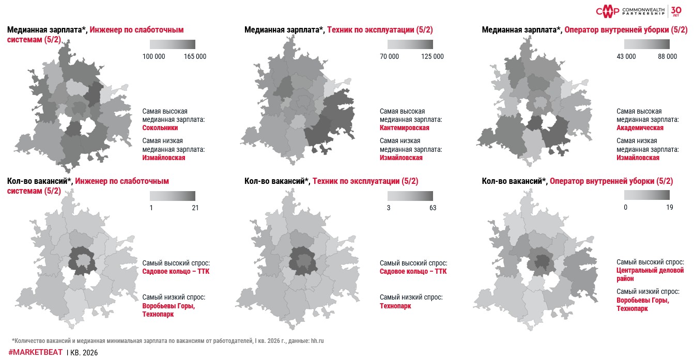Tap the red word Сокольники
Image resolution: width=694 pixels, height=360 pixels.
point(160,128)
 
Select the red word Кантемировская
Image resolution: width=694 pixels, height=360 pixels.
point(404,128)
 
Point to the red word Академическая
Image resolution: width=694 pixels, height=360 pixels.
point(640,128)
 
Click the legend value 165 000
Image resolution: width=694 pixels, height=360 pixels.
point(195,56)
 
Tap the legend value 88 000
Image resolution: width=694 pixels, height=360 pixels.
point(667,56)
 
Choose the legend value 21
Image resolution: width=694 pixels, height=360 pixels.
point(195,208)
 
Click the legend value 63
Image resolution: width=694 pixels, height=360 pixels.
point(433,208)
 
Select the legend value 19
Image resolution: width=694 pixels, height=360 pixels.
point(670,208)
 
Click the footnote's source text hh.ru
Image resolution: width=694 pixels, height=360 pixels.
point(316,341)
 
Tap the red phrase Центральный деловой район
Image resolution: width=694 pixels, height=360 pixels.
point(650,274)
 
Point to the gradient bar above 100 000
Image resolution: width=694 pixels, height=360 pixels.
point(172,44)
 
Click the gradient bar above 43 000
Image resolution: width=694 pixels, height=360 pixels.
point(646,44)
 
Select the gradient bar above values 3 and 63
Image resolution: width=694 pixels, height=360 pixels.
point(410,196)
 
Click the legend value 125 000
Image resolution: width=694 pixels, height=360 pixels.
point(433,56)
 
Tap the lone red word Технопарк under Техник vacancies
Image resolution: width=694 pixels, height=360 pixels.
point(395,306)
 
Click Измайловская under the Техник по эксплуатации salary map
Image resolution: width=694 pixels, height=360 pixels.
point(401,158)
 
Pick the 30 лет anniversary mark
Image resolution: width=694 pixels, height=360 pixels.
point(676,11)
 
